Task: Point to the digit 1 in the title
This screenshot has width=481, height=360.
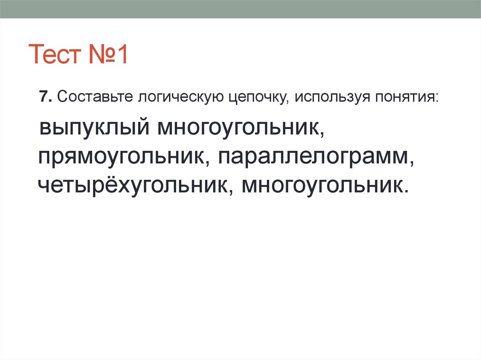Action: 123,55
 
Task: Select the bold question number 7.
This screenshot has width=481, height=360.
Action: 44,98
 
